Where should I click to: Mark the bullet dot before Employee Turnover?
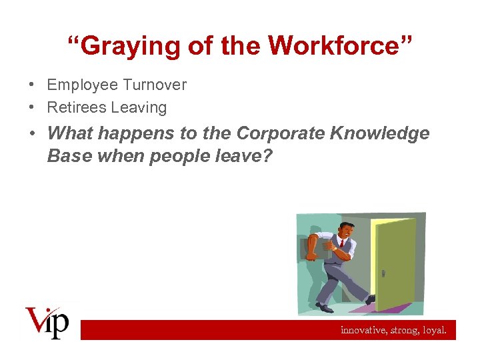point(32,85)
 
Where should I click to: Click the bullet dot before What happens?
point(32,134)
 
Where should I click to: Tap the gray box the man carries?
point(318,249)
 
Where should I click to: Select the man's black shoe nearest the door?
point(371,300)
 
